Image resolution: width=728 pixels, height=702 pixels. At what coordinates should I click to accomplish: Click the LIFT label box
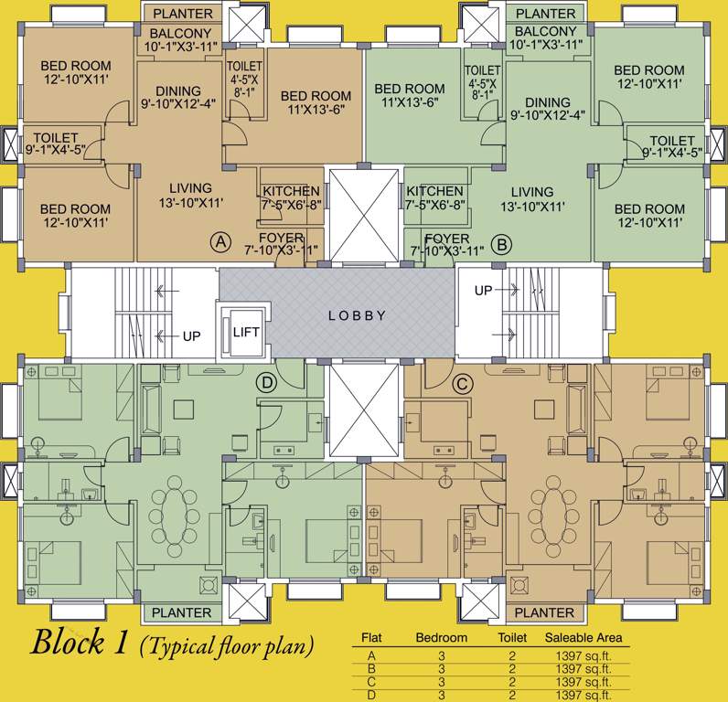coord(245,332)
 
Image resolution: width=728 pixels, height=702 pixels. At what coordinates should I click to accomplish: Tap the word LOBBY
coord(357,315)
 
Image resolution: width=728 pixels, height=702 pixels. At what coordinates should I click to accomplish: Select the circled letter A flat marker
coord(219,242)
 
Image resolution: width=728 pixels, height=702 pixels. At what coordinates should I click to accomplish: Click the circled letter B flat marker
coord(501,244)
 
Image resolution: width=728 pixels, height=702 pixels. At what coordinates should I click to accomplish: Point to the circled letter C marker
coord(462,384)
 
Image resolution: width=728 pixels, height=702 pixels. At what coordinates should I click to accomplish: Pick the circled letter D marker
coord(267,384)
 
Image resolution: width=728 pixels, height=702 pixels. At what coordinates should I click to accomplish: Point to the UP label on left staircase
coord(191,336)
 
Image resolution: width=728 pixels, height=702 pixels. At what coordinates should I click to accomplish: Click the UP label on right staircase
coord(484,291)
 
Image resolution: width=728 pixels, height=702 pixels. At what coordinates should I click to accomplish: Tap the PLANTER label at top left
coord(182,14)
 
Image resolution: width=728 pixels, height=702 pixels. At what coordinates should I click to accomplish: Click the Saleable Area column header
coord(583,637)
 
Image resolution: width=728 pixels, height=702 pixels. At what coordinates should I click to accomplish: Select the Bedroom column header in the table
coord(442,637)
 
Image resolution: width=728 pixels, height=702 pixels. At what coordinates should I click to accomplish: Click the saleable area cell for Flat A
coord(583,655)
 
